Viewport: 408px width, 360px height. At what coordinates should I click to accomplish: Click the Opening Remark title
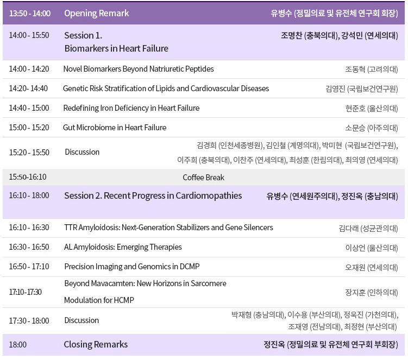click(x=97, y=13)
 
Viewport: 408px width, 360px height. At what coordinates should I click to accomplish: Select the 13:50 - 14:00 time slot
click(x=30, y=13)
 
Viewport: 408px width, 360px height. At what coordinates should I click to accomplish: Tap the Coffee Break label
click(x=204, y=178)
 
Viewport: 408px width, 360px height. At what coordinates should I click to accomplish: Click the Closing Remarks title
click(x=96, y=344)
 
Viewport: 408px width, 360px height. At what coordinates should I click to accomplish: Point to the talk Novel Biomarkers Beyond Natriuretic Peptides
click(x=139, y=69)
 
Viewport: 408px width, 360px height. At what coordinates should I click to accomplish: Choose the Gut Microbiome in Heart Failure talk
click(x=115, y=128)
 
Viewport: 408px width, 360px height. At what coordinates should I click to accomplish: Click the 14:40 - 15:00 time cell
click(x=29, y=108)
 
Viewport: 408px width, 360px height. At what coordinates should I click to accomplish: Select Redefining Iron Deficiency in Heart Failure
click(x=131, y=108)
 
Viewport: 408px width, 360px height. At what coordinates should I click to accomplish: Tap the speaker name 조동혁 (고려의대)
click(x=371, y=69)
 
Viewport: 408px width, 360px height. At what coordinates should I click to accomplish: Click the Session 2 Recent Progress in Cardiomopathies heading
click(x=153, y=195)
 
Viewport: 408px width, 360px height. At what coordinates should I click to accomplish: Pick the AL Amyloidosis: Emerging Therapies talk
click(x=123, y=247)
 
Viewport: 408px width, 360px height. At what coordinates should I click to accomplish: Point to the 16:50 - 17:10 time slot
click(x=29, y=267)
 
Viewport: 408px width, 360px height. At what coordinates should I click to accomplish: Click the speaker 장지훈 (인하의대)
click(x=371, y=293)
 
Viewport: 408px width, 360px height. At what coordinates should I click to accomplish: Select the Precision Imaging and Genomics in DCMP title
click(x=132, y=267)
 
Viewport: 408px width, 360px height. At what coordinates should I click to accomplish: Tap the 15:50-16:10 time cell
click(x=28, y=177)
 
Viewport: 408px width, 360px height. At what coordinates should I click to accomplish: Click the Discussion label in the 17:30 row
click(x=81, y=320)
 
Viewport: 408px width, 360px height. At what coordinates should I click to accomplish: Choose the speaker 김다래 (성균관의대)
click(x=368, y=228)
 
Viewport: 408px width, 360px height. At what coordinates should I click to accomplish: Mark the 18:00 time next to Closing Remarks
click(x=18, y=344)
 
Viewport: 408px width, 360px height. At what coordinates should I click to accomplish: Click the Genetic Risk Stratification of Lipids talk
click(x=166, y=89)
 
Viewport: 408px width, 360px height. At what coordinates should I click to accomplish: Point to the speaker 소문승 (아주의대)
click(x=371, y=128)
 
